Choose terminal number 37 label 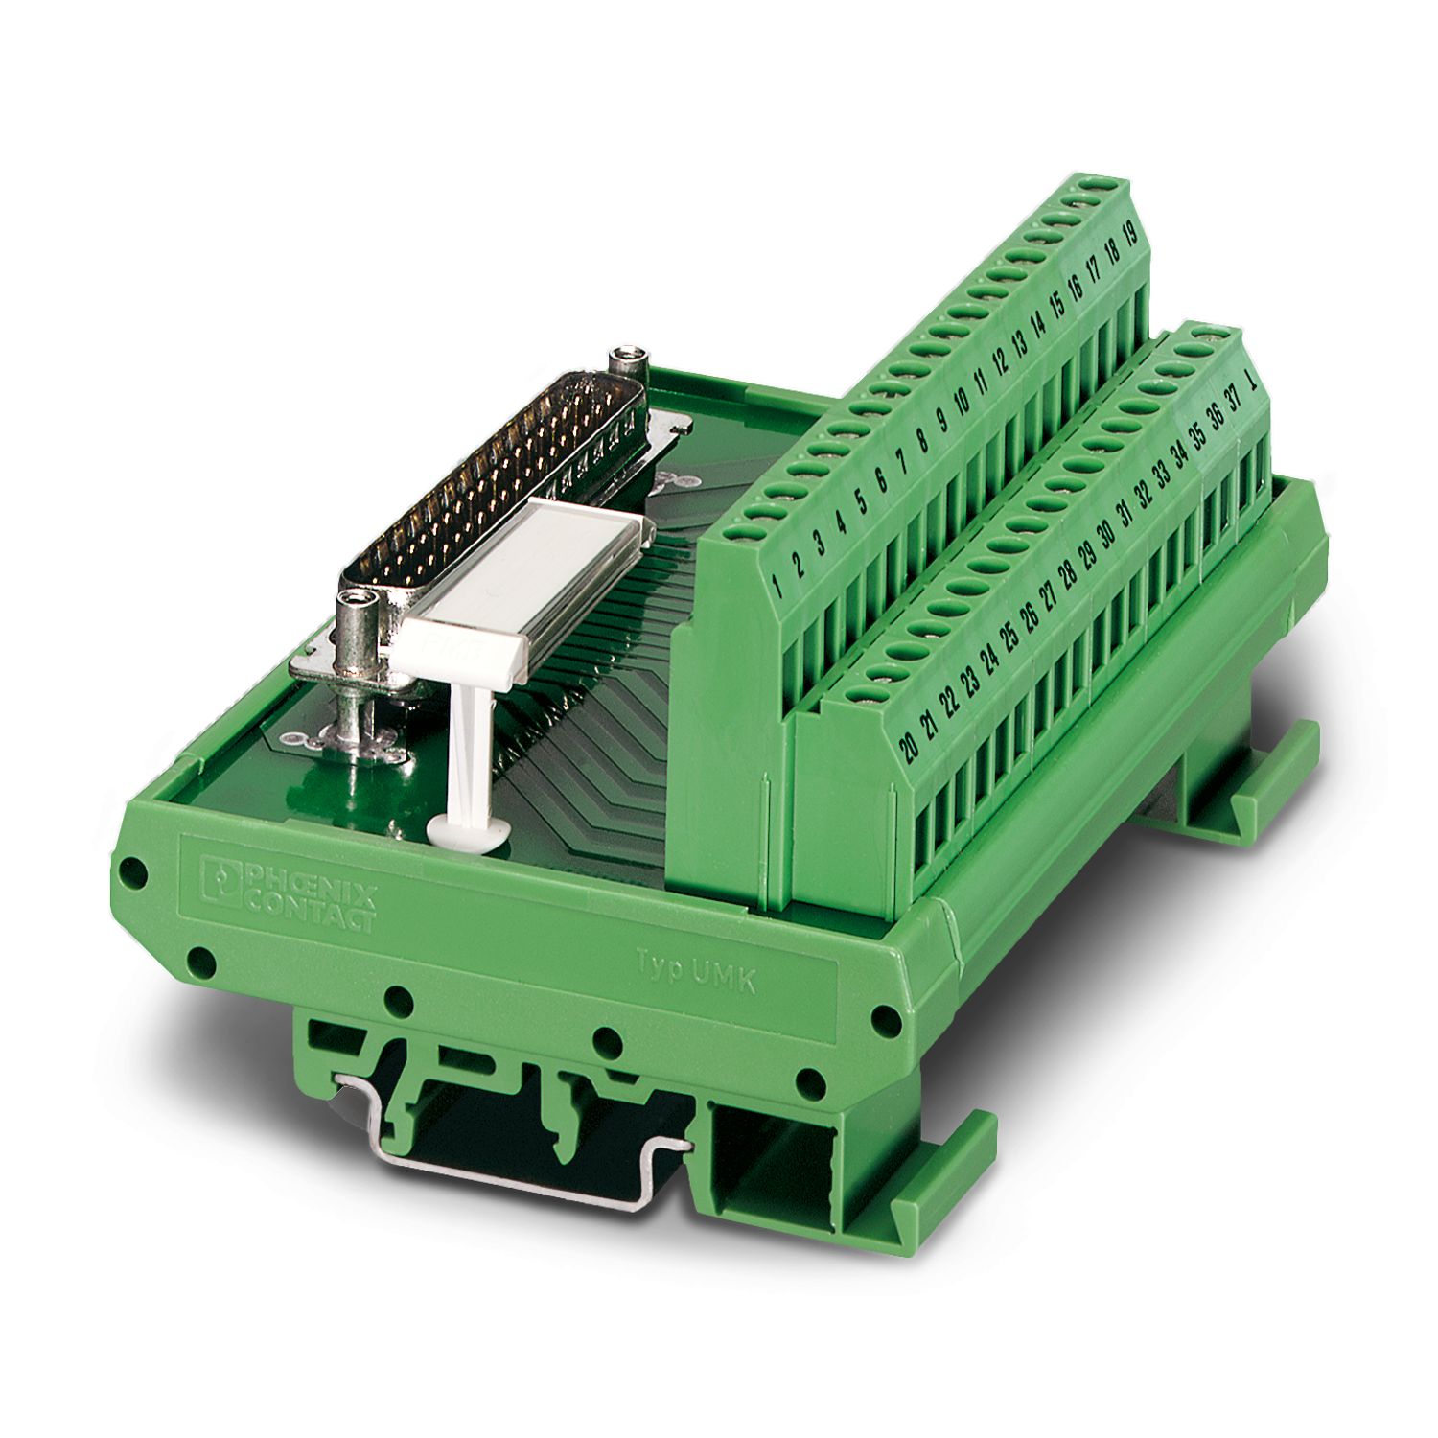pyautogui.click(x=1235, y=400)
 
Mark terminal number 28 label pyautogui.click(x=1067, y=578)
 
